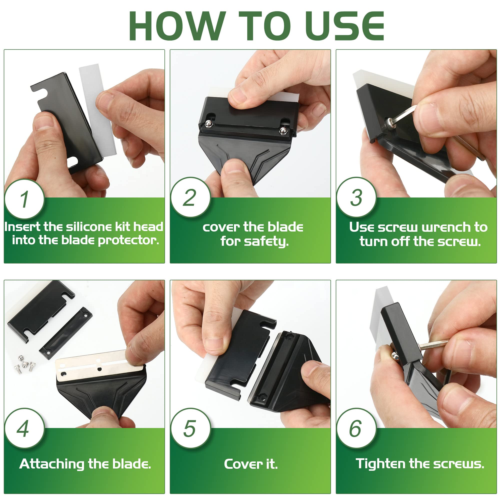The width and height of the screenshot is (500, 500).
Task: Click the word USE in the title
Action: coord(346,26)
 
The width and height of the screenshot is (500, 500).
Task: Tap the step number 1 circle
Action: coord(24,199)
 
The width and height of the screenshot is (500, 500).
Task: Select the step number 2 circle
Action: coord(190,197)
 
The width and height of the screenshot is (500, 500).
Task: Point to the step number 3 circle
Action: coord(356,197)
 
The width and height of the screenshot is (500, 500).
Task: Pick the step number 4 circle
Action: coord(24,428)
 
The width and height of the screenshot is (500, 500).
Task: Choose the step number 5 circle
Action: coord(190,428)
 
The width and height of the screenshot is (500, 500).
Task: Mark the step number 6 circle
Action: coord(356,428)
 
